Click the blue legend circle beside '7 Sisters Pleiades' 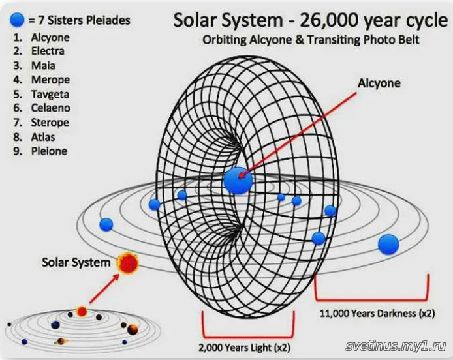pos(17,20)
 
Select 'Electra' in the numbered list pos(48,51)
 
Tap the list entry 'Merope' pos(50,80)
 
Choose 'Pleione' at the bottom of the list pos(49,151)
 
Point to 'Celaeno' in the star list pos(50,108)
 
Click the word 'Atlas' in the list pos(43,137)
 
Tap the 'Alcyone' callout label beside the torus pos(379,83)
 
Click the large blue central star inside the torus pos(238,180)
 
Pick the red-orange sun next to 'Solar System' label pos(128,263)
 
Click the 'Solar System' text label pos(76,262)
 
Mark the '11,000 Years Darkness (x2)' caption pos(377,313)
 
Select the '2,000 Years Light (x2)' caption pos(244,348)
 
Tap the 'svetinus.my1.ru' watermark pos(396,346)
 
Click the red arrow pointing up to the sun pos(104,288)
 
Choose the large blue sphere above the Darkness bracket pos(388,244)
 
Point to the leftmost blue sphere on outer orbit pos(106,224)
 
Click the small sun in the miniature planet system pos(82,312)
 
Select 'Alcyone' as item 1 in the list pos(50,38)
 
